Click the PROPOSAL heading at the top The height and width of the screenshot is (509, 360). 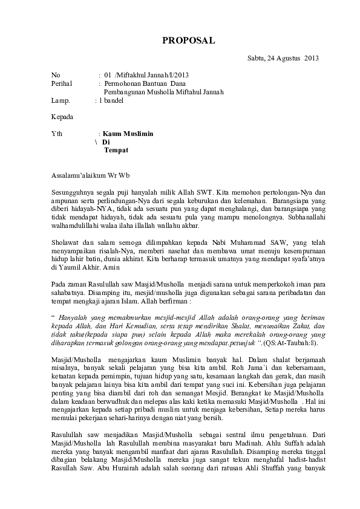click(x=188, y=41)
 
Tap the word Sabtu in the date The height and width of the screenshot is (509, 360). click(x=257, y=58)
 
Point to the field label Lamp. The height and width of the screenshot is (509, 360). click(x=61, y=100)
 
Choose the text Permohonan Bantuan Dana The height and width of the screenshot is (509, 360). click(x=145, y=83)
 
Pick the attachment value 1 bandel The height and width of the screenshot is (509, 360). click(x=111, y=100)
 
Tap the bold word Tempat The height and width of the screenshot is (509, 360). click(x=116, y=150)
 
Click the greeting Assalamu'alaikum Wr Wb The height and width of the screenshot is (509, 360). click(x=90, y=175)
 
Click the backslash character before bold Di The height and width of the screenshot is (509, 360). click(x=96, y=141)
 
